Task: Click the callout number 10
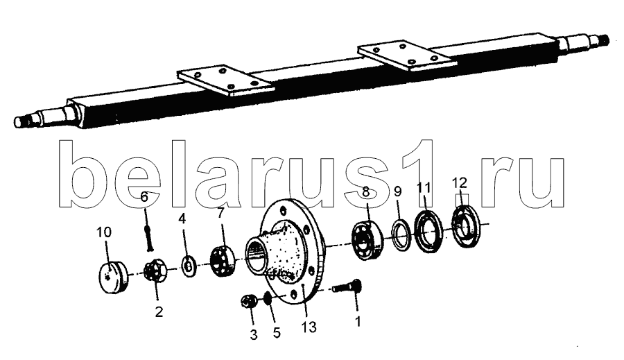(x=104, y=232)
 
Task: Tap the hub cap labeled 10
(x=113, y=277)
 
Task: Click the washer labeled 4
(x=188, y=266)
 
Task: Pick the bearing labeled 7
(x=222, y=262)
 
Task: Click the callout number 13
(x=309, y=327)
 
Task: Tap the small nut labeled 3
(x=248, y=301)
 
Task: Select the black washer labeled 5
(x=268, y=298)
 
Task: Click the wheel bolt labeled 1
(x=347, y=286)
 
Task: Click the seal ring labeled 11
(x=428, y=232)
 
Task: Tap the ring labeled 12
(x=466, y=226)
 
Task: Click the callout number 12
(x=459, y=183)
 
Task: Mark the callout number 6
(x=144, y=197)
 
